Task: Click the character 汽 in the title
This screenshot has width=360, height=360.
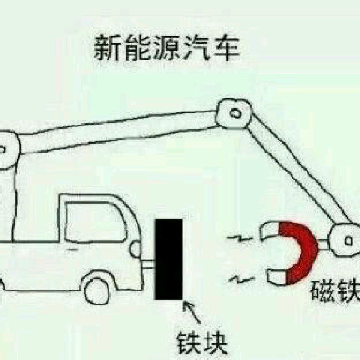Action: [196, 48]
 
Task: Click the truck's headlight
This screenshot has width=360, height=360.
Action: [135, 249]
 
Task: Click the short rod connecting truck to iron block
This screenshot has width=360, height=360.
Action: [149, 264]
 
